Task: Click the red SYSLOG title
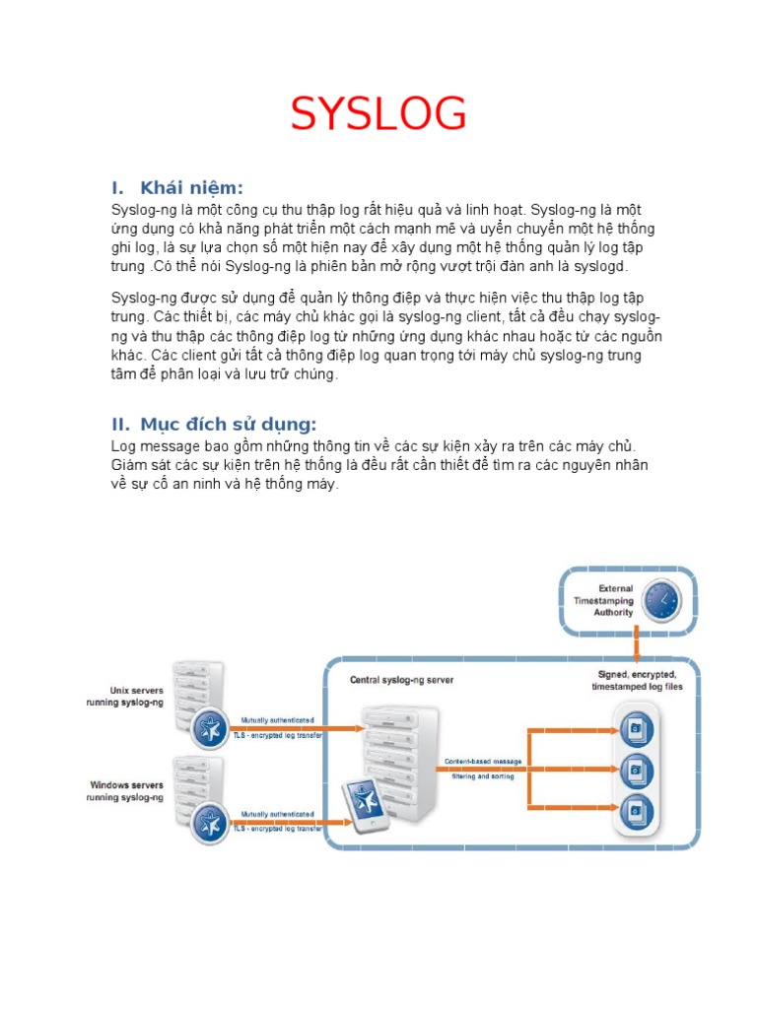click(378, 116)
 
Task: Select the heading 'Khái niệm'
click(191, 188)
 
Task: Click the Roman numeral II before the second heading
click(120, 425)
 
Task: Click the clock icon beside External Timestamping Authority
click(661, 599)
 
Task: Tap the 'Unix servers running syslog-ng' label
click(123, 696)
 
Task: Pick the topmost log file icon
click(637, 730)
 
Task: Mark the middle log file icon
click(637, 770)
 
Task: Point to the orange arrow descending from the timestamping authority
click(638, 646)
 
